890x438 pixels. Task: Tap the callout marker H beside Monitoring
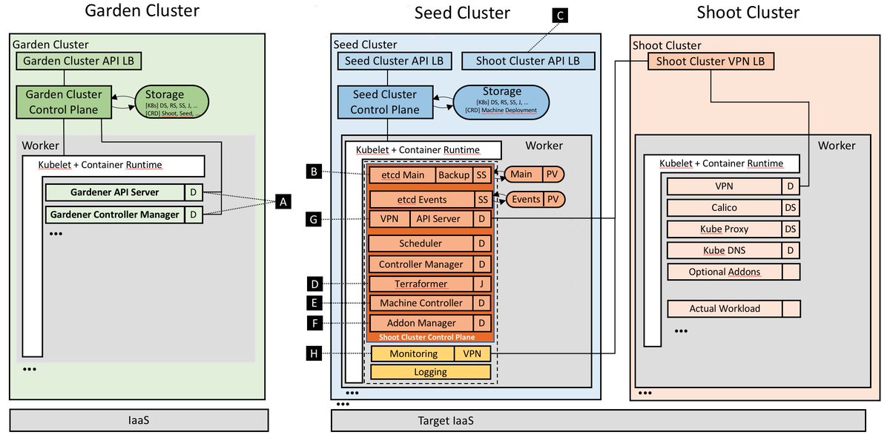314,354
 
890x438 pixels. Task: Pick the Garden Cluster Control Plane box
65,102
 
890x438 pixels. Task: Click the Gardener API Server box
114,192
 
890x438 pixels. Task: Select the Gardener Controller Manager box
114,215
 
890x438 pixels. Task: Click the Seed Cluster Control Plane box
384,102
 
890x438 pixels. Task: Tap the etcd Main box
401,175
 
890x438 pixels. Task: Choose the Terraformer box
421,284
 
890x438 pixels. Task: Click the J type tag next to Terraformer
482,284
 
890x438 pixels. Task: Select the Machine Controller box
421,303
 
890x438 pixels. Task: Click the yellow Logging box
430,372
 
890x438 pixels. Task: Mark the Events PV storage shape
534,199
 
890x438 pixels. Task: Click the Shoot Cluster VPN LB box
711,61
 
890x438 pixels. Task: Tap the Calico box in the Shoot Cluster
724,208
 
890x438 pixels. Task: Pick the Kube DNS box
724,250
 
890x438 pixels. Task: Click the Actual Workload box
724,308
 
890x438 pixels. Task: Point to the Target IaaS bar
598,421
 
